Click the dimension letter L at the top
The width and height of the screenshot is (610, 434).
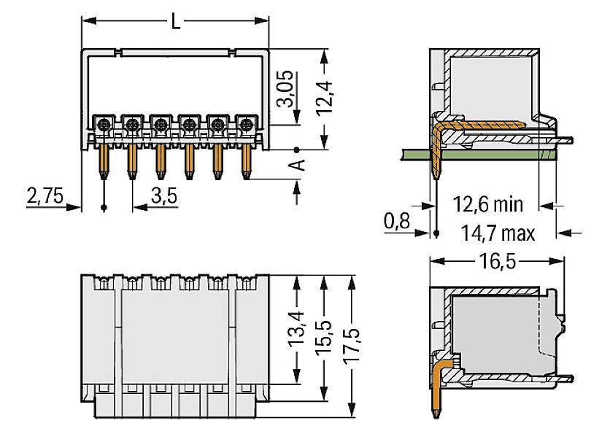[x=175, y=21]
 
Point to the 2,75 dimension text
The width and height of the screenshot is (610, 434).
[x=45, y=195]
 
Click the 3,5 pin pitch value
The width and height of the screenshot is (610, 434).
[x=164, y=195]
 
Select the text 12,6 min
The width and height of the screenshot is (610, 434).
[x=487, y=204]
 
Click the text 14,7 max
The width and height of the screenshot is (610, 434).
[x=498, y=233]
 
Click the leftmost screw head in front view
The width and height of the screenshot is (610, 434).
[x=104, y=124]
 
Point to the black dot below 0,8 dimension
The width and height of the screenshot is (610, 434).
[x=436, y=233]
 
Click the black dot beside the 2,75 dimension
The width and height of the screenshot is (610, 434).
[x=104, y=208]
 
